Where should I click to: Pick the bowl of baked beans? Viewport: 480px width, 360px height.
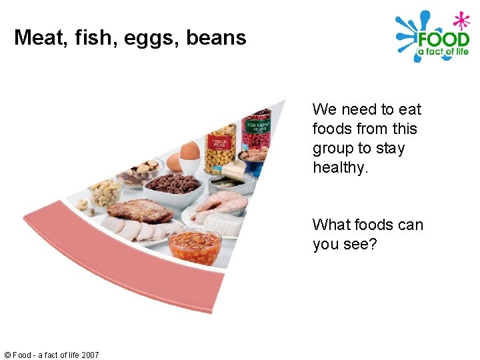tap(195, 246)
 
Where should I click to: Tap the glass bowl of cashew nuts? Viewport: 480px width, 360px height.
tap(105, 194)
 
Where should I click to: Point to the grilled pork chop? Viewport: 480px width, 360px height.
tap(140, 211)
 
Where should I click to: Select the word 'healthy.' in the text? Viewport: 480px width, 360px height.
tap(340, 167)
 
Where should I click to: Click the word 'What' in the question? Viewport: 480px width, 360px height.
tap(331, 225)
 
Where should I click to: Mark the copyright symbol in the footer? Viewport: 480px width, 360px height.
tap(7, 355)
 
